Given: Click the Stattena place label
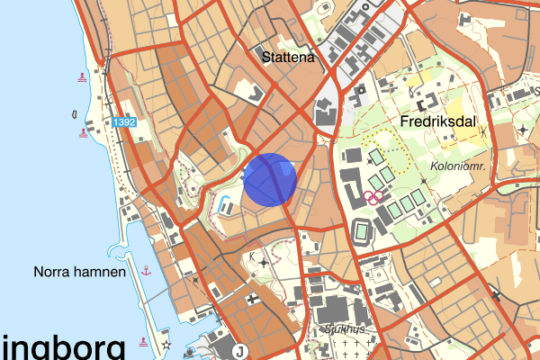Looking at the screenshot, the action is (x=287, y=58).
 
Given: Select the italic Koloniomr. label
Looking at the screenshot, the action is (x=458, y=166).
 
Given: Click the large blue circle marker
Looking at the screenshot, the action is (x=270, y=180).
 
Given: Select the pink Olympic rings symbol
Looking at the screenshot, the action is (x=374, y=196).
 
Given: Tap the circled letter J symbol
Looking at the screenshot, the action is (x=238, y=351).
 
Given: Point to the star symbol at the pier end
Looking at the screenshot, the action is (x=166, y=345).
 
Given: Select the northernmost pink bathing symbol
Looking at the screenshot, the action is (x=84, y=77).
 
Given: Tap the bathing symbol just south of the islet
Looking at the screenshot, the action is (x=84, y=136).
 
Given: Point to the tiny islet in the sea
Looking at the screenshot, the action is (x=73, y=114).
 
